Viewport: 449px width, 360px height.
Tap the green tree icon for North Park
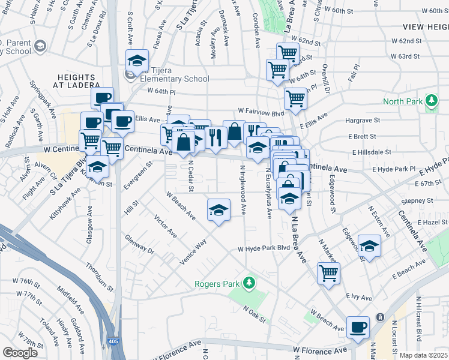(430, 100)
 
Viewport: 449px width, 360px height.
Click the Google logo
(20, 353)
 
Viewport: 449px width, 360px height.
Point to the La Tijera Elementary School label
(173, 79)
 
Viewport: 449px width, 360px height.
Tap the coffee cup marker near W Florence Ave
(358, 328)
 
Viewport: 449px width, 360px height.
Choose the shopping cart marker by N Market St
(328, 274)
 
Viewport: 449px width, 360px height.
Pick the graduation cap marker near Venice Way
(218, 210)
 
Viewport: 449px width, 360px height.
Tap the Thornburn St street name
(99, 277)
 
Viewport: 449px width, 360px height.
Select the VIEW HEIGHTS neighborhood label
(426, 27)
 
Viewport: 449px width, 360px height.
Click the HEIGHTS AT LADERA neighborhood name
(76, 82)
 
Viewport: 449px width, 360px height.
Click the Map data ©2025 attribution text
(423, 355)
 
